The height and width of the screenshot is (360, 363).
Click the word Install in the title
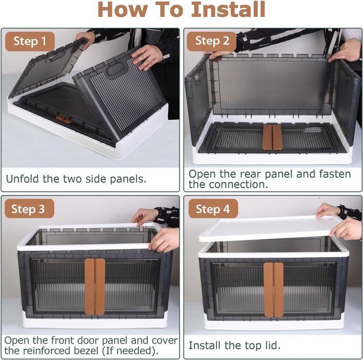tap(228, 9)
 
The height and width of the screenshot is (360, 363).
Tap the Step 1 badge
tap(30, 41)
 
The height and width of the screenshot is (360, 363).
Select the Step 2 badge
tap(212, 41)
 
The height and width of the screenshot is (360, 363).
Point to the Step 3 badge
tap(29, 209)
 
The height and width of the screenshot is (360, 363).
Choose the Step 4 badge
tap(213, 209)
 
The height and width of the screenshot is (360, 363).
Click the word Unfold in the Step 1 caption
tap(22, 179)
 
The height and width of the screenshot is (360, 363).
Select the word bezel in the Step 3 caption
tap(87, 351)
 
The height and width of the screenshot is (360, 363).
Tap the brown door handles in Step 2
tap(272, 137)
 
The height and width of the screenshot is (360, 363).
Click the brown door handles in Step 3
tap(95, 286)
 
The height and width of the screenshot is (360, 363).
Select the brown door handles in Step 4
tap(273, 290)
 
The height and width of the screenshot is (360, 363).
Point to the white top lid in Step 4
tap(270, 228)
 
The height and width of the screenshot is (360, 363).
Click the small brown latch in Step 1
tap(64, 119)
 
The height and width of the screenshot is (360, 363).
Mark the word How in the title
tap(122, 9)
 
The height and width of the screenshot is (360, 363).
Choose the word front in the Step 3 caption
tap(62, 340)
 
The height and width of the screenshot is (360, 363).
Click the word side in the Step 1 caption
tap(95, 179)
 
